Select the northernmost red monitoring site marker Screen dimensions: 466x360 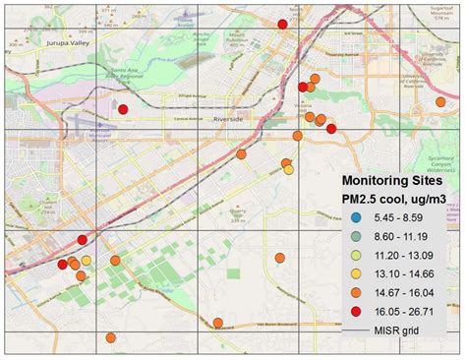283,24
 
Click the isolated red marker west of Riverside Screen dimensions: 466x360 123,109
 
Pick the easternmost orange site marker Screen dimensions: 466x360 331,128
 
